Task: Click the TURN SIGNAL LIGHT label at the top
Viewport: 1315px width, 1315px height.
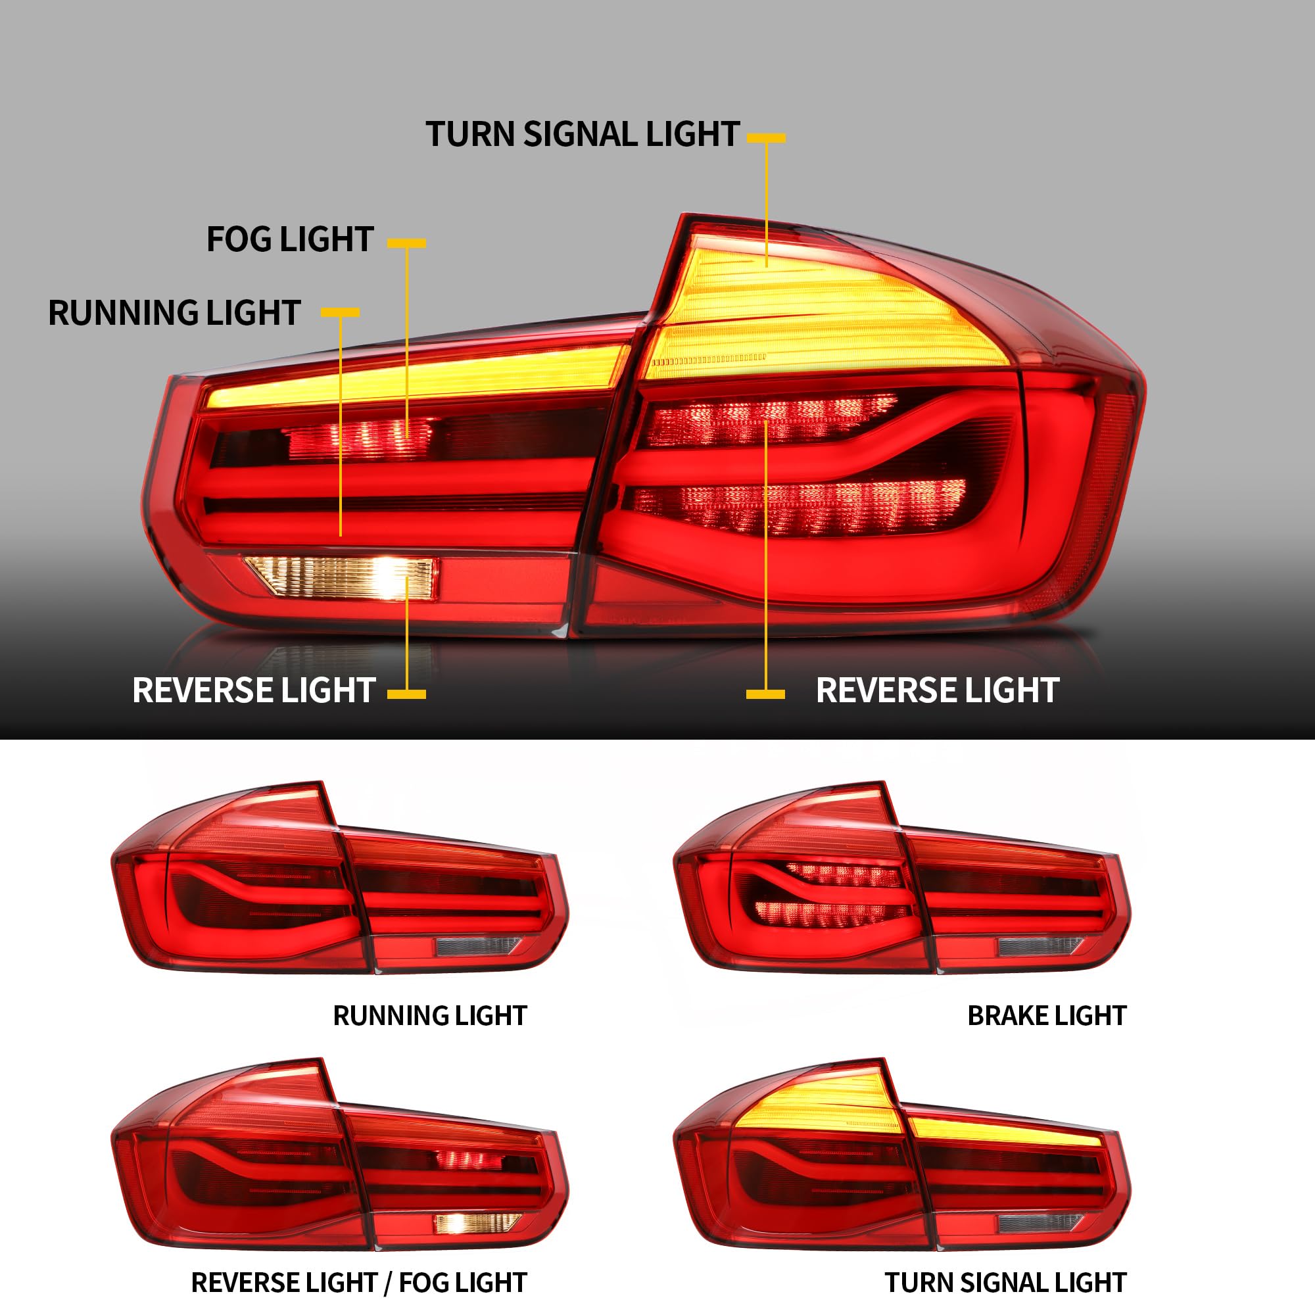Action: click(x=582, y=134)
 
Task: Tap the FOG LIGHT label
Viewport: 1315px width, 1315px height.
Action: click(x=290, y=239)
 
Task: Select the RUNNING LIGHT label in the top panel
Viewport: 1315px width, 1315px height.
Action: click(x=174, y=313)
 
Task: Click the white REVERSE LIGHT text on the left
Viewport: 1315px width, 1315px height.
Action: click(x=254, y=690)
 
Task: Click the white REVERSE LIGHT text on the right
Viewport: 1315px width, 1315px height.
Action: click(x=937, y=690)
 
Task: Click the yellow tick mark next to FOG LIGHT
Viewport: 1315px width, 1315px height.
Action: click(x=406, y=243)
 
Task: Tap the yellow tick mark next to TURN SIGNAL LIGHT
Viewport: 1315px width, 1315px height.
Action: click(x=766, y=137)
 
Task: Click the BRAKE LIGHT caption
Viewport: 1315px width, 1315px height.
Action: click(x=1047, y=1016)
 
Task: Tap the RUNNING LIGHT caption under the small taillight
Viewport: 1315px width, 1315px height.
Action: click(x=429, y=1016)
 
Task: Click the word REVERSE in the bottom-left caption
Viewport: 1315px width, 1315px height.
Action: click(x=236, y=1283)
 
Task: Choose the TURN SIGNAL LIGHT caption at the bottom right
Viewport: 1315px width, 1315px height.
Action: click(x=1005, y=1283)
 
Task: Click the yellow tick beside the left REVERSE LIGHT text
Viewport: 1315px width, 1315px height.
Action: click(x=406, y=694)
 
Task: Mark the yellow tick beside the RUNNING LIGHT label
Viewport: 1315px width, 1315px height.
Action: click(x=340, y=312)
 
